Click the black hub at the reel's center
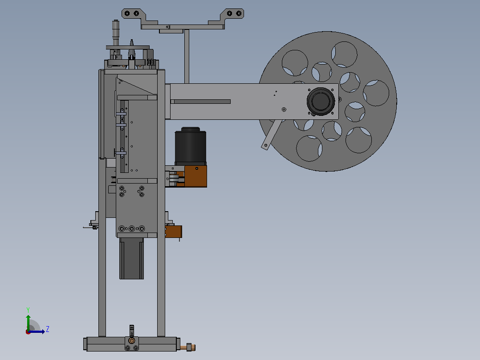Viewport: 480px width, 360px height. coord(321,102)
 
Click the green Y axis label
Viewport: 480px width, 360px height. coord(28,310)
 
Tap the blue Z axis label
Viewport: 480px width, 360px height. coord(48,329)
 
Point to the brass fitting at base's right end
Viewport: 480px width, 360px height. coord(188,347)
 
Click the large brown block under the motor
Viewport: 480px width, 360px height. coord(195,176)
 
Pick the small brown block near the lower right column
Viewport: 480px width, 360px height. coord(174,232)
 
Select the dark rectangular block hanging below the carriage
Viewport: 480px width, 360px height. coord(131,258)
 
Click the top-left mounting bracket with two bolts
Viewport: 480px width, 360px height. coord(133,14)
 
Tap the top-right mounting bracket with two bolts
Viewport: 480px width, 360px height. coord(232,14)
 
